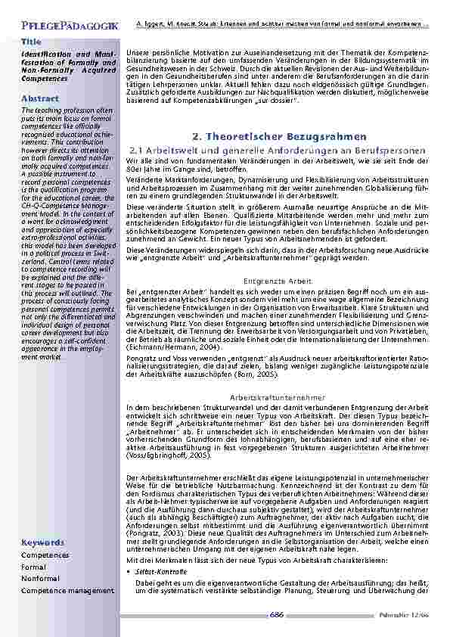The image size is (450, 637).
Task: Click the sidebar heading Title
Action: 31,41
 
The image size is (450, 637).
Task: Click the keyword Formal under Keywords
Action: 33,567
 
